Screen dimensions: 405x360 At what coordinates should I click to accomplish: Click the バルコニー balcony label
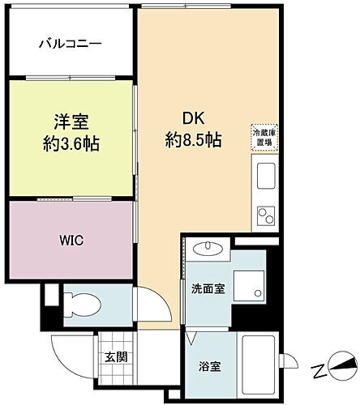tap(71, 43)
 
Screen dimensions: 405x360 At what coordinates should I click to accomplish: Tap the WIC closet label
tap(69, 241)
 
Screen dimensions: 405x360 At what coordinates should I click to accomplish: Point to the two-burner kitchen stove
tap(265, 215)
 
